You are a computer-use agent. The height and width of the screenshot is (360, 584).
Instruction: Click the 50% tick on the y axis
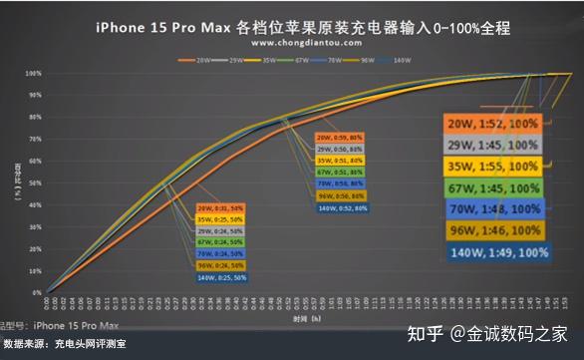34,182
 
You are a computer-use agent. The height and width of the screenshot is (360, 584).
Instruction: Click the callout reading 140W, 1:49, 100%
495,252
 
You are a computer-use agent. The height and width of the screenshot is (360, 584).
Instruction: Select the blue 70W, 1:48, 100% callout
495,209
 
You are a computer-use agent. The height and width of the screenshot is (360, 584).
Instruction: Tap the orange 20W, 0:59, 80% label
342,137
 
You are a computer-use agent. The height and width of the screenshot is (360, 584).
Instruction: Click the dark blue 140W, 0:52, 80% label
342,208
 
